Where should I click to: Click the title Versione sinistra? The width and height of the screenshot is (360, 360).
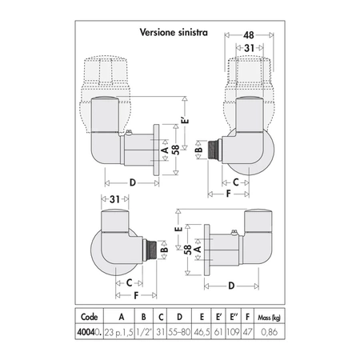174,33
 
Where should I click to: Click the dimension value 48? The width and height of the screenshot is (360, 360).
249,35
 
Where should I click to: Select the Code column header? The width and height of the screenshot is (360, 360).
89,317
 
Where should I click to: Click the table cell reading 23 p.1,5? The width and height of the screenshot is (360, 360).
118,332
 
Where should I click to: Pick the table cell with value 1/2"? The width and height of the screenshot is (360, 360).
144,332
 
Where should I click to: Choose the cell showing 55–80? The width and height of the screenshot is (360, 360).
179,332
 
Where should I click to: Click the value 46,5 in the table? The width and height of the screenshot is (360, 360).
202,332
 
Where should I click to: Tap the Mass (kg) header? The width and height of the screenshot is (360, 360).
269,318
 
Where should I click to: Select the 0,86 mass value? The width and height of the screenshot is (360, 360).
270,332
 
